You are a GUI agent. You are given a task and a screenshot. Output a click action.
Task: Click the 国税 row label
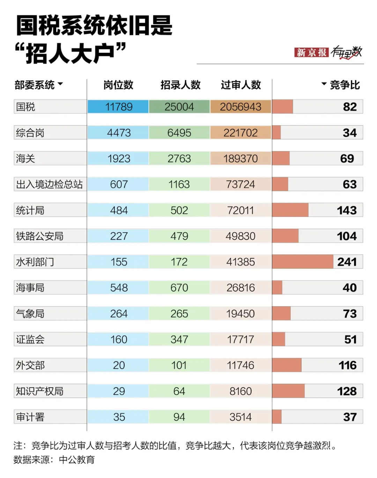26,107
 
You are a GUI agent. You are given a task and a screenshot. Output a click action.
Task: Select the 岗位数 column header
118,85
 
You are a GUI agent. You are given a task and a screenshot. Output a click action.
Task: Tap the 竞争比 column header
344,85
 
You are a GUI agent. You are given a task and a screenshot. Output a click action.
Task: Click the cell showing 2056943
241,107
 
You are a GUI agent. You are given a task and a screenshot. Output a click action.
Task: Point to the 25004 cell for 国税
179,107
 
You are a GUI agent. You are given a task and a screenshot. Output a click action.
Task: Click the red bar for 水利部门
302,262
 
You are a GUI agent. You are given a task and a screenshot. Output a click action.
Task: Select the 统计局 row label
30,210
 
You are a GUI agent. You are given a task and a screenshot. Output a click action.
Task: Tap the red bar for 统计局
290,210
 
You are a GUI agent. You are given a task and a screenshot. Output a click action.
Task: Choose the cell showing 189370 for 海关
241,159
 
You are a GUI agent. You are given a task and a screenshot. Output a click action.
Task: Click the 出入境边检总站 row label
49,184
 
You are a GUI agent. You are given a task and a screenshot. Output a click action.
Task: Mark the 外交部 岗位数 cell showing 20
119,365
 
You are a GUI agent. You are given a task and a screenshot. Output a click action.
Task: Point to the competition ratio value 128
347,391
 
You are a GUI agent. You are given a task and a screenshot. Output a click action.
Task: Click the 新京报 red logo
311,52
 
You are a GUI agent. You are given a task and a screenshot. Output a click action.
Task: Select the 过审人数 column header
241,85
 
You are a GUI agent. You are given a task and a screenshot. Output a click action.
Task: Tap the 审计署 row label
30,417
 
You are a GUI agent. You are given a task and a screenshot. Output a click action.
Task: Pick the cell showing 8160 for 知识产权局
241,391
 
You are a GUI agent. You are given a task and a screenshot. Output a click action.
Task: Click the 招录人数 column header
180,85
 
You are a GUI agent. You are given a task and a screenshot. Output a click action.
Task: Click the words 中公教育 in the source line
77,459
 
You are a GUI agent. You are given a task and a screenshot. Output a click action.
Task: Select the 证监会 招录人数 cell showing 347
179,339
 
